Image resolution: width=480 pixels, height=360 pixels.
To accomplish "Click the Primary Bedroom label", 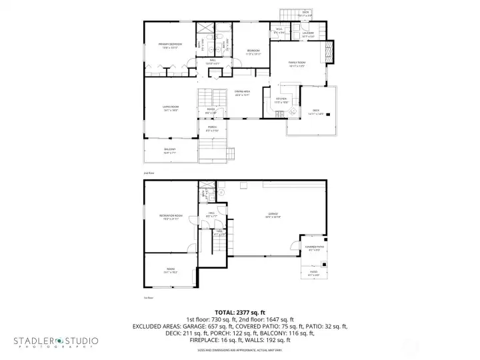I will point(170,45).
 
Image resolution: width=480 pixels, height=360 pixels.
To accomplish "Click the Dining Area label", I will point(242,93).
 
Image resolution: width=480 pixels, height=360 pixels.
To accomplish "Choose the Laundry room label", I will point(307,34).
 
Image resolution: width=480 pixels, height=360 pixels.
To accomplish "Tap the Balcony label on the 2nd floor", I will point(170,151).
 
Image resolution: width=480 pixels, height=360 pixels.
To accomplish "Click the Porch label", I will point(212,129).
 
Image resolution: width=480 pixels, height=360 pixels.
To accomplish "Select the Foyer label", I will point(211,111).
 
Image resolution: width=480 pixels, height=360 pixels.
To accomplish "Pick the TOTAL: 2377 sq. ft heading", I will point(239,312).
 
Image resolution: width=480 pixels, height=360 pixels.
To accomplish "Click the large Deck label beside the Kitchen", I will point(316,111).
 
